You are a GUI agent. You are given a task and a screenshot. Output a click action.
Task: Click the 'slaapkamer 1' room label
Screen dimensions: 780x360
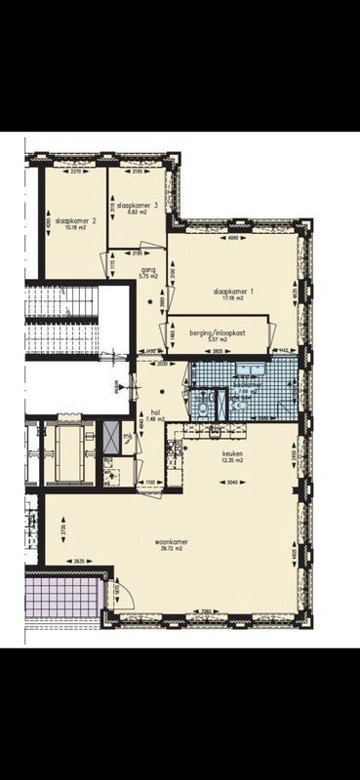[234, 291]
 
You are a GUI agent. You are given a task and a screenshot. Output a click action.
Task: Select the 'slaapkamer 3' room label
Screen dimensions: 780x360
[135, 205]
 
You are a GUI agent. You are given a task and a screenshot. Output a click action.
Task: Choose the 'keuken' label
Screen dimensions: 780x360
[232, 452]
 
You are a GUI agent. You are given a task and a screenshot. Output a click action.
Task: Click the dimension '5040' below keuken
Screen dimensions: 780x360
[232, 482]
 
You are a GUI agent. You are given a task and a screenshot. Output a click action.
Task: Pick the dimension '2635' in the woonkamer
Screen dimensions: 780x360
[78, 560]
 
